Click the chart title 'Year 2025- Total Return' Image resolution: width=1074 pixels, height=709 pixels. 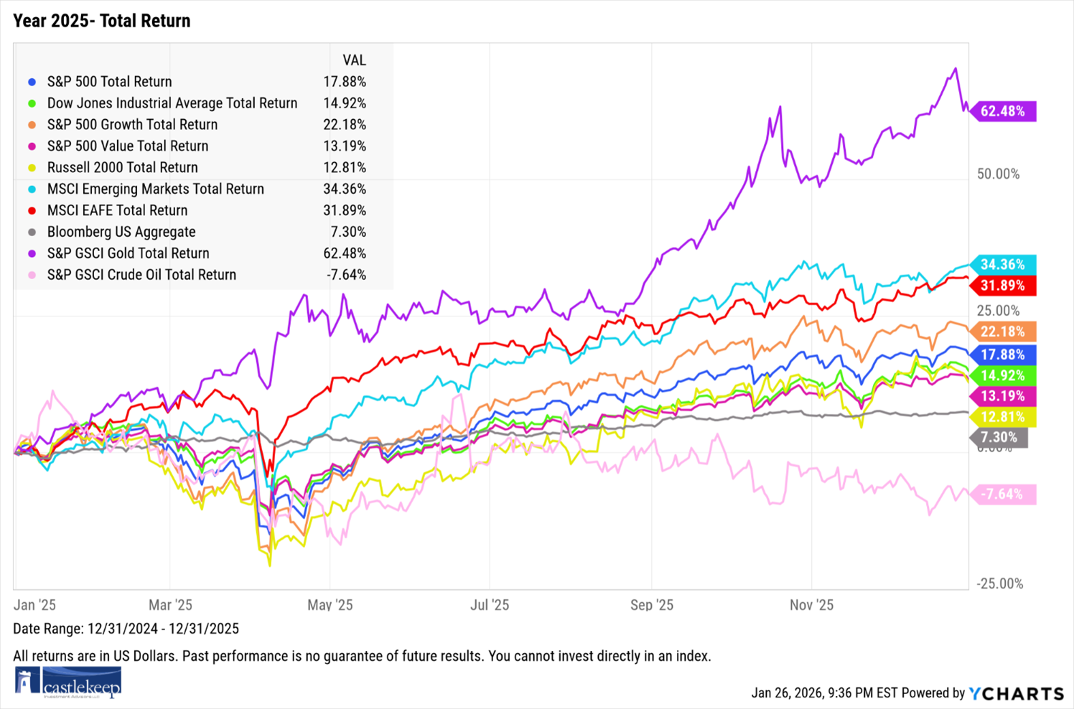click(x=102, y=21)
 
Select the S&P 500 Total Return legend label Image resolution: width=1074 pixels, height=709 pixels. click(x=109, y=82)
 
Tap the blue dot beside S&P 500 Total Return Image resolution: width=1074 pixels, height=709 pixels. click(x=32, y=82)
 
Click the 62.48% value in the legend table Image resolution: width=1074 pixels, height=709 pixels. click(x=345, y=253)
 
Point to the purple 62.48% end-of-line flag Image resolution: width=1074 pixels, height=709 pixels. click(x=1003, y=111)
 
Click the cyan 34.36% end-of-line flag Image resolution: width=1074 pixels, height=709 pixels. click(x=1003, y=265)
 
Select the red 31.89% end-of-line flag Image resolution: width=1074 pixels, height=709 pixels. click(x=1003, y=286)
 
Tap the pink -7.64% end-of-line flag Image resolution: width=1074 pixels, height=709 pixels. click(x=1003, y=494)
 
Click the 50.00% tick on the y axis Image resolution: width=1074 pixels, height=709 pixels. click(x=998, y=174)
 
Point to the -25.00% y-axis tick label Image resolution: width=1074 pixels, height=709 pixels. click(x=999, y=583)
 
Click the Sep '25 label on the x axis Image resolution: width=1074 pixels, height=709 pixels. click(x=651, y=605)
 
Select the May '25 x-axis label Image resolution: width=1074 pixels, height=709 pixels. click(x=330, y=605)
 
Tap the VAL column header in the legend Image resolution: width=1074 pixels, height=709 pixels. click(x=354, y=60)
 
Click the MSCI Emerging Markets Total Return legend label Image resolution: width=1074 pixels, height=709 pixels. click(x=155, y=189)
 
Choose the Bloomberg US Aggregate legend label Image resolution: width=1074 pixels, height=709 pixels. click(x=121, y=232)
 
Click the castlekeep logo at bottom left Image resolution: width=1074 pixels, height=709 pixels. click(x=68, y=682)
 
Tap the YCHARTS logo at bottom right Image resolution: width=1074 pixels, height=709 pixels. click(x=1016, y=693)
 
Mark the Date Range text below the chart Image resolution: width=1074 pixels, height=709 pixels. click(x=126, y=629)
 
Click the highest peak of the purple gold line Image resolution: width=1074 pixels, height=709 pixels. click(x=955, y=69)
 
